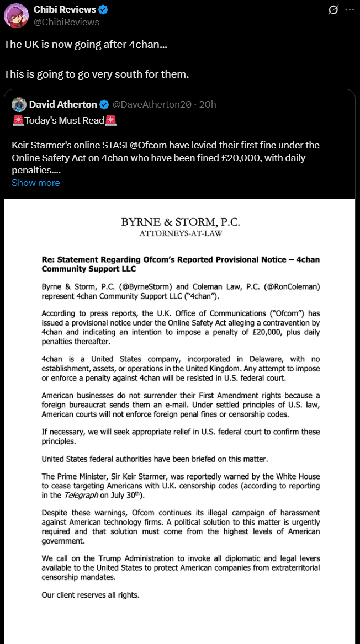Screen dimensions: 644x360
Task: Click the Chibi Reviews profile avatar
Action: [x=17, y=15]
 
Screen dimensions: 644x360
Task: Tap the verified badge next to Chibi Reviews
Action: [x=104, y=10]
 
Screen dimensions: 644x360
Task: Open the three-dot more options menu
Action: [x=350, y=10]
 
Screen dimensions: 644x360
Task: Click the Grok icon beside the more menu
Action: [x=333, y=10]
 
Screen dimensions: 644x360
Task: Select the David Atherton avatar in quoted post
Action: [x=19, y=104]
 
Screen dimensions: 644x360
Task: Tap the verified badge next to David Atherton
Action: [x=105, y=104]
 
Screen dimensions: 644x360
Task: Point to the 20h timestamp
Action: [x=208, y=104]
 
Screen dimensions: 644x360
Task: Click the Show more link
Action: [x=36, y=183]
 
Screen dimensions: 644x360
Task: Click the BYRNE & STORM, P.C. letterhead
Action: [x=181, y=222]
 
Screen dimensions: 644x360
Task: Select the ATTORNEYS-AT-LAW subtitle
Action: [x=181, y=233]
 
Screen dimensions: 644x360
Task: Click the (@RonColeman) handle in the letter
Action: [x=291, y=286]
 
